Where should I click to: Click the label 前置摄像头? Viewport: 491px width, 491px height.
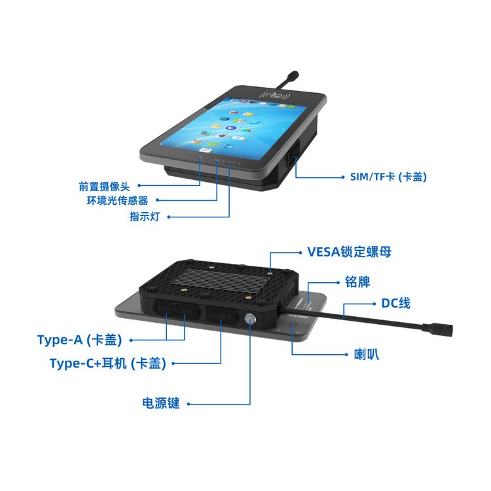click(x=104, y=187)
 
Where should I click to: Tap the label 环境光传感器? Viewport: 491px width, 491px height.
click(x=117, y=200)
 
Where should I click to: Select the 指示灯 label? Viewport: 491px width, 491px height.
click(x=145, y=217)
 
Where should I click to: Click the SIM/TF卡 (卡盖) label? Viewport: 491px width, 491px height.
click(x=388, y=177)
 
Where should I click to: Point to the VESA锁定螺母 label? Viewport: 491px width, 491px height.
click(x=349, y=252)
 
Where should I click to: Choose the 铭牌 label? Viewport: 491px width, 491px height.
click(x=357, y=282)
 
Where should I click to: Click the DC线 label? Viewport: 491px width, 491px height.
click(x=396, y=303)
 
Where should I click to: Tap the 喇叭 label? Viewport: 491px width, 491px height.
click(x=367, y=354)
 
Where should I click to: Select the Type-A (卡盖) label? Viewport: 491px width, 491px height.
click(x=79, y=340)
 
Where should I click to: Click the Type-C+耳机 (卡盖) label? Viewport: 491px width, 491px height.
click(x=108, y=363)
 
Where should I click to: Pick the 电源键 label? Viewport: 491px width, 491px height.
click(x=160, y=403)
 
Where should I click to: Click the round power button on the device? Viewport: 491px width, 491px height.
click(x=250, y=319)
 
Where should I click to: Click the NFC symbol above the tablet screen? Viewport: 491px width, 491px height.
click(x=275, y=94)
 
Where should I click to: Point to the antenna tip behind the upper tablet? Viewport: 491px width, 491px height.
click(x=294, y=75)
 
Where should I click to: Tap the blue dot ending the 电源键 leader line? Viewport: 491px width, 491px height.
click(x=189, y=404)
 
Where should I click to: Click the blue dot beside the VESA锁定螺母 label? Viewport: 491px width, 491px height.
click(x=300, y=253)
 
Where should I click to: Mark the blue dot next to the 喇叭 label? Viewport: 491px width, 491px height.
click(x=346, y=355)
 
